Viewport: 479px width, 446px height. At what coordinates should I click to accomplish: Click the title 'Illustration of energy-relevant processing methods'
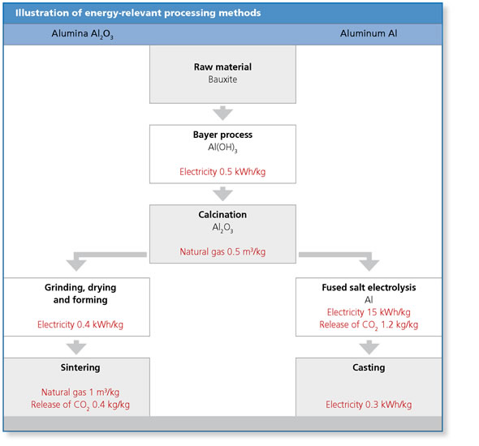click(x=138, y=13)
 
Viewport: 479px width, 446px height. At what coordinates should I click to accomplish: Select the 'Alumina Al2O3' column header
click(x=83, y=34)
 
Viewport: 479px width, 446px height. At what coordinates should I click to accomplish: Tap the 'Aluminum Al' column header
click(x=369, y=33)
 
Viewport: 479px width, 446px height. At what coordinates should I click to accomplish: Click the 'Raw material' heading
click(x=222, y=66)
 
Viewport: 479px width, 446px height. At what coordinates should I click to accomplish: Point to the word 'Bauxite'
click(x=222, y=79)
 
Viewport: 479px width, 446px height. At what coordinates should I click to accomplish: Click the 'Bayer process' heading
click(x=222, y=135)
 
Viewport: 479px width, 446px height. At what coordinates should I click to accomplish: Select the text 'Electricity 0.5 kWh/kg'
click(x=222, y=172)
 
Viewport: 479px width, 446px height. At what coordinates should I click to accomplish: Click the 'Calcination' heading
click(x=222, y=214)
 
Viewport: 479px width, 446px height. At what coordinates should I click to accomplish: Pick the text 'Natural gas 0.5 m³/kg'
click(x=222, y=251)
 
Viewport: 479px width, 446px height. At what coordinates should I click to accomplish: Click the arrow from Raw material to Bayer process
click(x=222, y=114)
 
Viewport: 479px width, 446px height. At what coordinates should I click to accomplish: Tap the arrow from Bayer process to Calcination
click(x=222, y=194)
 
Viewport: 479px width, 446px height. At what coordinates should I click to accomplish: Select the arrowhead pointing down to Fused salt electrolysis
click(x=369, y=265)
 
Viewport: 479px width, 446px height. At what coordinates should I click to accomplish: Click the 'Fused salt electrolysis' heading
click(x=369, y=287)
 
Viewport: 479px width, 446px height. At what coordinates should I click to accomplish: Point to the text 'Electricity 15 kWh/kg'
click(x=369, y=312)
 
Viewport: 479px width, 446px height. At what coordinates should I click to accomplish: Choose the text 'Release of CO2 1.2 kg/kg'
click(x=369, y=325)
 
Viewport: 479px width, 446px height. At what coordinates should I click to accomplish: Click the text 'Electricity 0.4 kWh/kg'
click(x=80, y=324)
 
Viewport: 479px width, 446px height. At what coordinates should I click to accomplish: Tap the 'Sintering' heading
click(x=80, y=367)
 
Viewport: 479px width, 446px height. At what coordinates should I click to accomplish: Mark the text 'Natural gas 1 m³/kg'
click(x=80, y=392)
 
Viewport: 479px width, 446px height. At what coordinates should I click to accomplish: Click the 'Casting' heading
click(x=369, y=367)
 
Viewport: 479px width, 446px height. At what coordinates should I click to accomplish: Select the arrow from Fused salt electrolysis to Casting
click(x=369, y=347)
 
